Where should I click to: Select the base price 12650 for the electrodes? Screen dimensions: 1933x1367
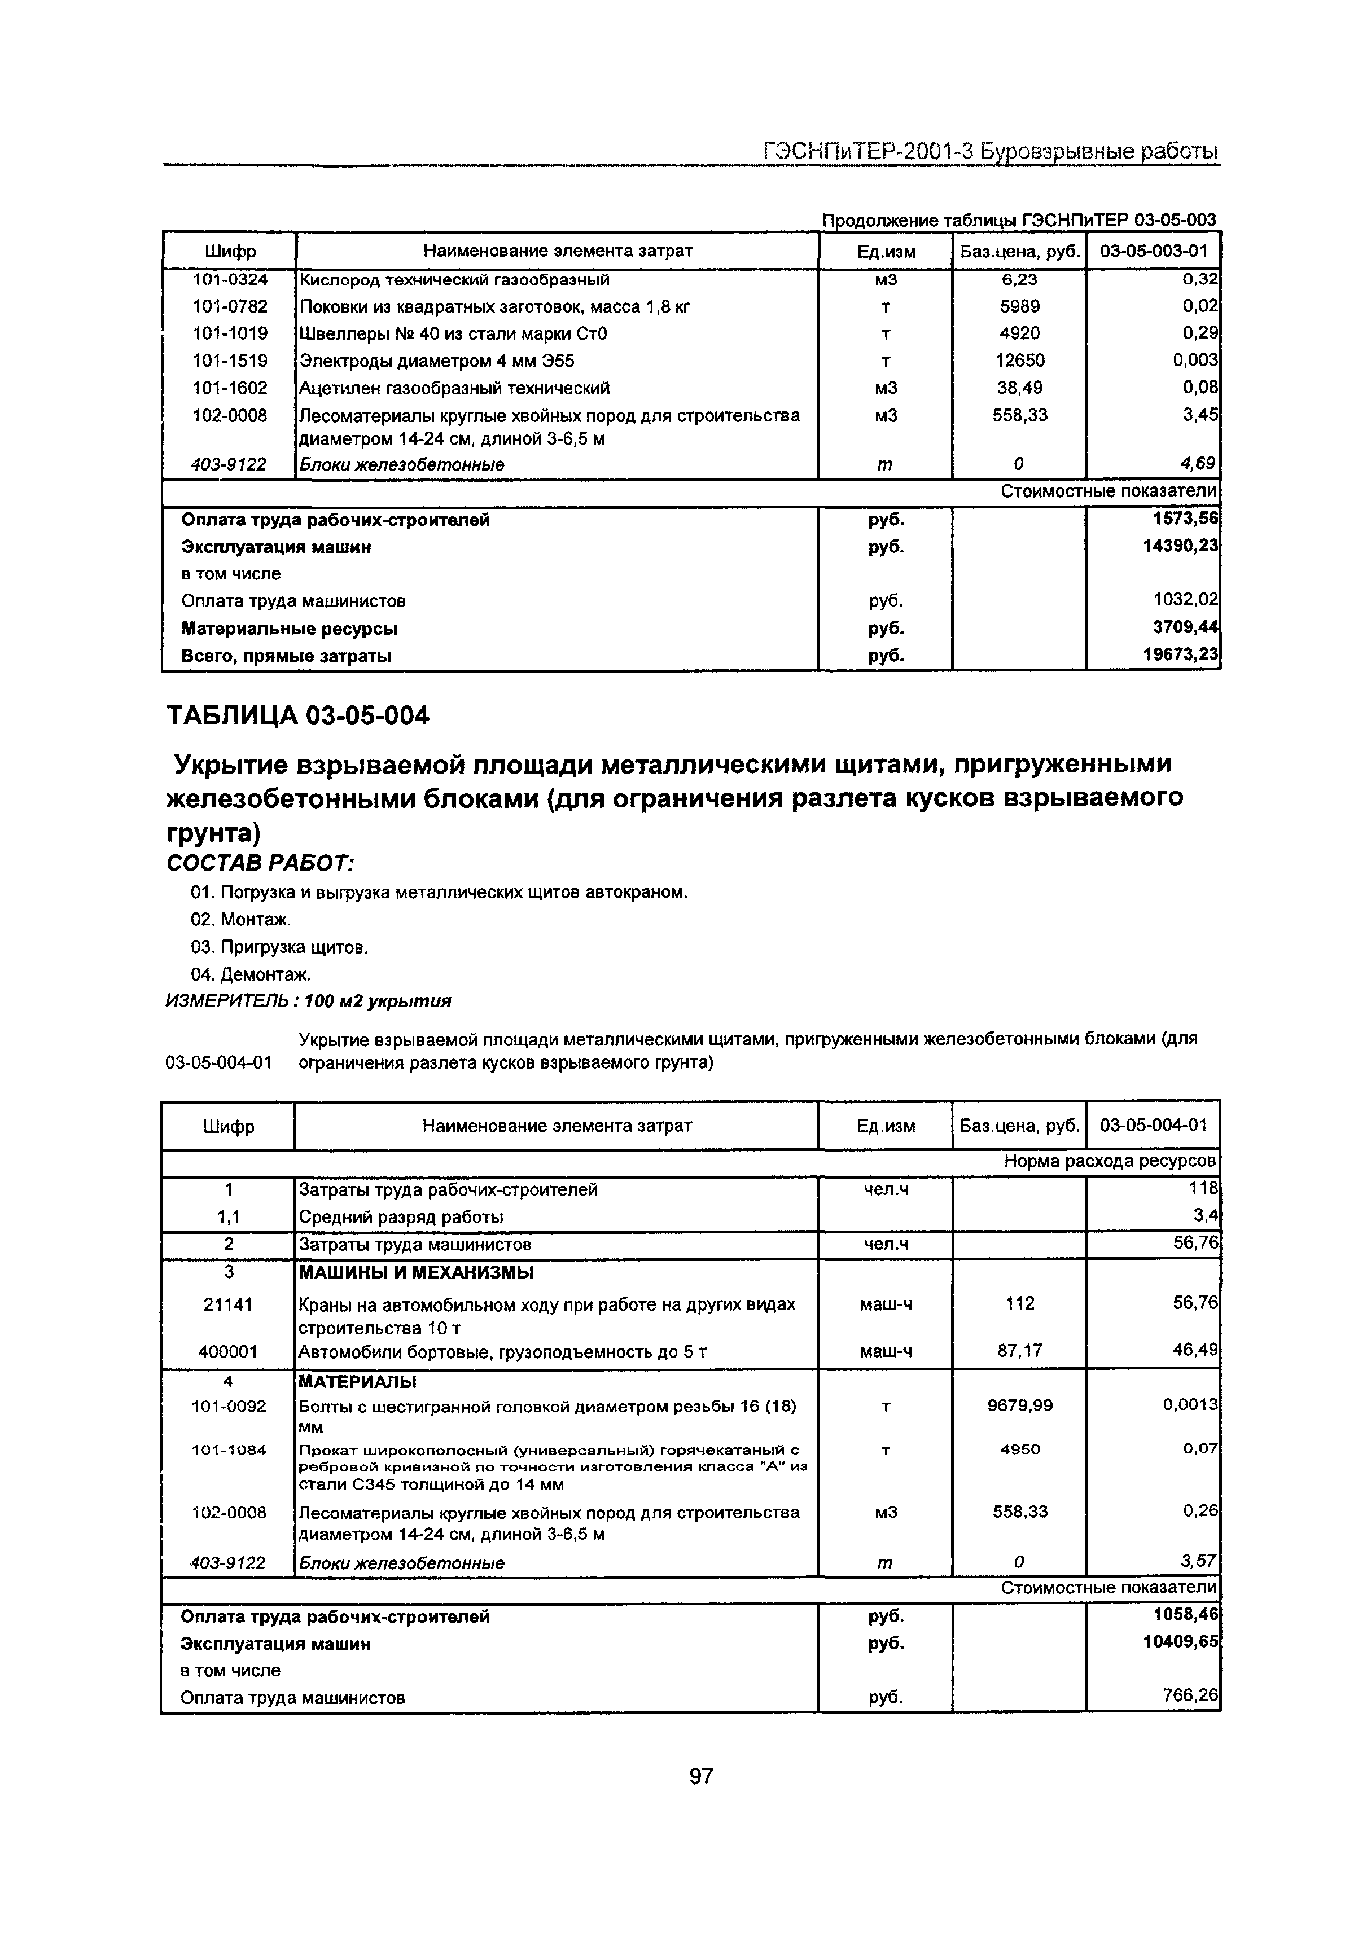click(1020, 361)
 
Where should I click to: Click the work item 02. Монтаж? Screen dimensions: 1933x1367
click(241, 919)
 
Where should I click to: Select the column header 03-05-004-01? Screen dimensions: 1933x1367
click(1153, 1126)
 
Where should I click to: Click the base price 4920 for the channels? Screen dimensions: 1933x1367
click(1020, 333)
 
